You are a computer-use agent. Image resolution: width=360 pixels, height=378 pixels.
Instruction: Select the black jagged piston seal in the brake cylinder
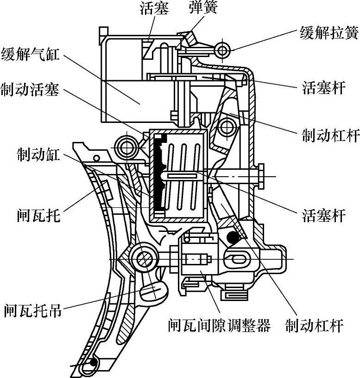[160, 172]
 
